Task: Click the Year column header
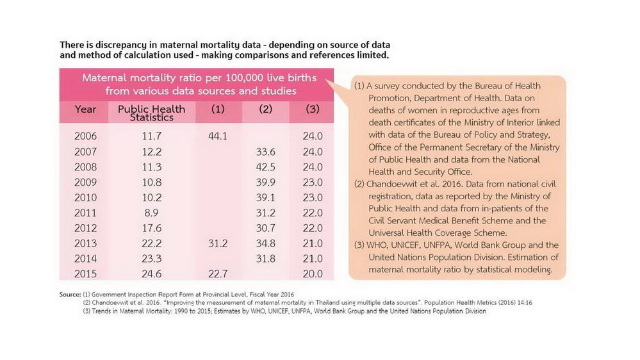85,110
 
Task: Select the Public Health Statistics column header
151,113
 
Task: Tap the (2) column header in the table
265,109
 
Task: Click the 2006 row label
85,136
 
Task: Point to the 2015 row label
85,274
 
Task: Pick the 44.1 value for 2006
218,136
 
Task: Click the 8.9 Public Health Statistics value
151,213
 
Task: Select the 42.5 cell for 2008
265,167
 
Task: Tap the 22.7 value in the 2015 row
218,274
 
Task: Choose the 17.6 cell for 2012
151,228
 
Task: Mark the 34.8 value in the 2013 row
265,243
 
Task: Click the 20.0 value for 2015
313,274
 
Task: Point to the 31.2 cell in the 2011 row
265,213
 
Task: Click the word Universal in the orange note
388,233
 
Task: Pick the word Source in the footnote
70,294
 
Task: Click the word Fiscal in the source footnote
256,294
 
